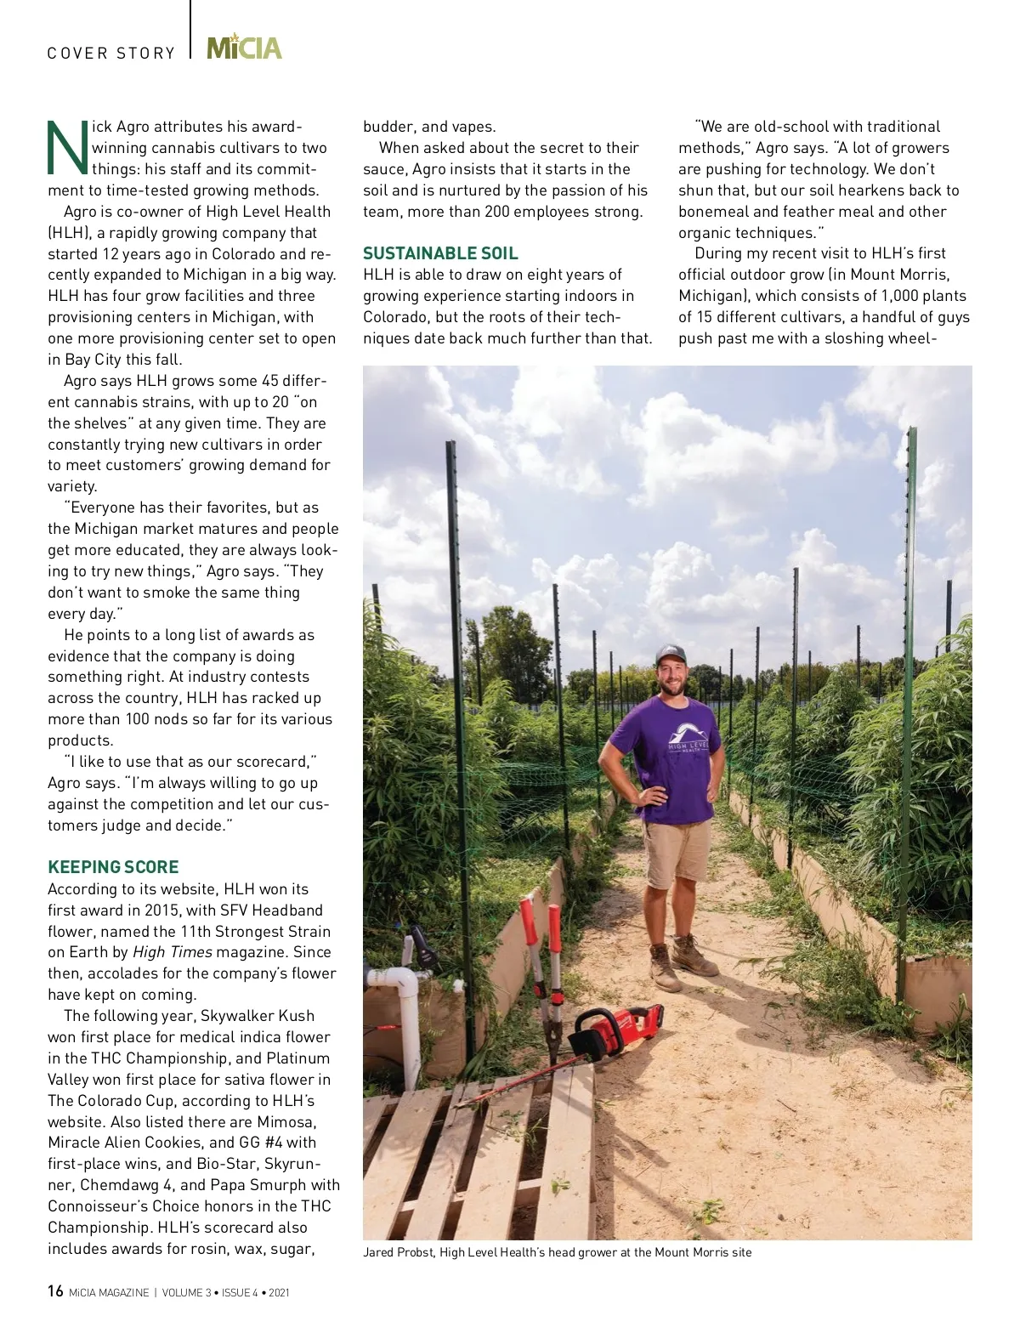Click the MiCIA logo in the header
click(x=244, y=48)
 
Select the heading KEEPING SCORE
click(x=113, y=867)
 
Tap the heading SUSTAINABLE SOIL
click(x=440, y=253)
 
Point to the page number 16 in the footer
click(x=55, y=1291)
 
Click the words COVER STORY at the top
click(x=110, y=54)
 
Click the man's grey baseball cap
click(x=670, y=654)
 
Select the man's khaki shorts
click(x=677, y=853)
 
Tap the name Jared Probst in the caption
click(x=399, y=1252)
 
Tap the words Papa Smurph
click(x=258, y=1185)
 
